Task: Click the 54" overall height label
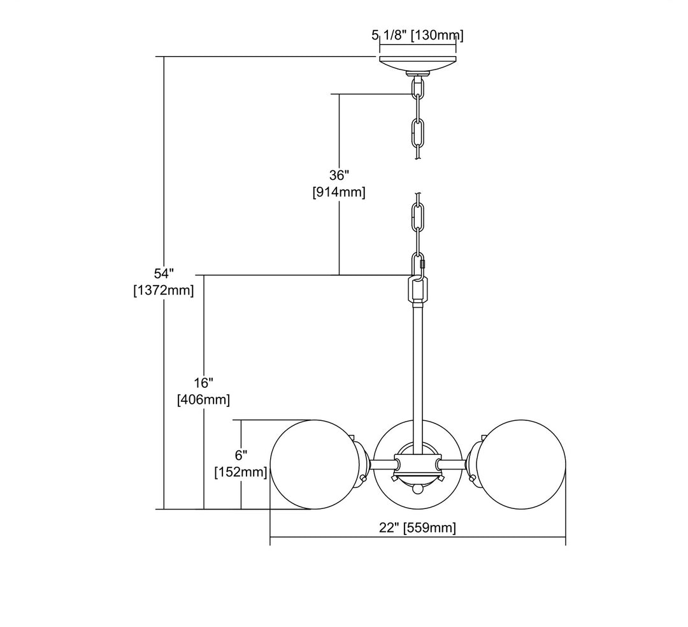click(164, 274)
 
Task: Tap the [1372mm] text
click(164, 290)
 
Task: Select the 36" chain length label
click(339, 175)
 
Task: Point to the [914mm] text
click(339, 192)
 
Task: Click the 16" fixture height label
click(204, 383)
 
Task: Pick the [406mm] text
click(204, 400)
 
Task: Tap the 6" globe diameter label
click(241, 455)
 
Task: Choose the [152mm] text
click(241, 472)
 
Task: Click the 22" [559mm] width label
click(417, 527)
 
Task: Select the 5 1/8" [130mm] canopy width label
click(417, 34)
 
